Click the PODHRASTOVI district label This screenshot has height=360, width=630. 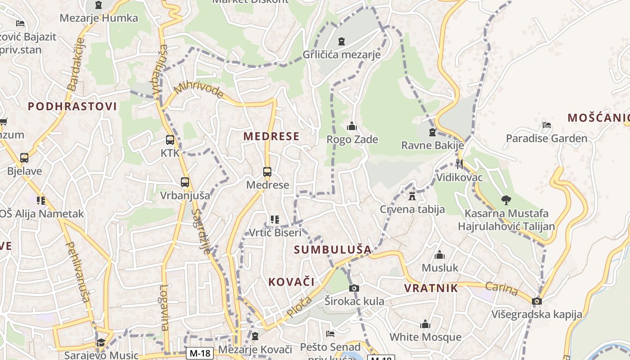pos(72,107)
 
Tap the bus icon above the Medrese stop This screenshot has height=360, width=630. pos(267,172)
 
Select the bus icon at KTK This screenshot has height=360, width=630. pos(170,140)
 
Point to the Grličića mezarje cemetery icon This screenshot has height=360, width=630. pos(342,41)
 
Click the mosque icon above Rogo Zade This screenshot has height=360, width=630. pos(352,126)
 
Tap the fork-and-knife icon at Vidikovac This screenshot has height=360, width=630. pos(459,164)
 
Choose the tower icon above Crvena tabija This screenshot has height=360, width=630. pos(412,196)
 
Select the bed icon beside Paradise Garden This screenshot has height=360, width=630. pos(547,125)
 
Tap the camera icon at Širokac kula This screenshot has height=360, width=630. pos(354,288)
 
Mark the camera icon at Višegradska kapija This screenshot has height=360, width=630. pos(536,301)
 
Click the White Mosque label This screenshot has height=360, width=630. pos(425,337)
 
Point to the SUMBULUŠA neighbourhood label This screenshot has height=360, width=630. pos(333,249)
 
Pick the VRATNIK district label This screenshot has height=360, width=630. pos(431,288)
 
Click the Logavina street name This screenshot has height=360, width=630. pos(164,308)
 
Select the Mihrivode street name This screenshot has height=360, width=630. pos(198,90)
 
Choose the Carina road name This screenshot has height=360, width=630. pos(502,289)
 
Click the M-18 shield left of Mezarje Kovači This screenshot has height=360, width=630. pos(199,353)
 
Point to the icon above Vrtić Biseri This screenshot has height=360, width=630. pos(275,220)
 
